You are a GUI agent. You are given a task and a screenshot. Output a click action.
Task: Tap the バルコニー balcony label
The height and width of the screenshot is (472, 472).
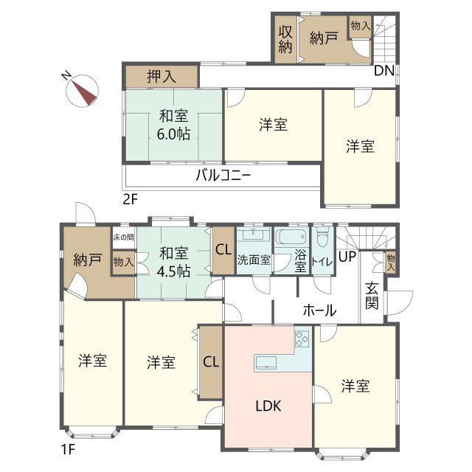pyautogui.click(x=223, y=176)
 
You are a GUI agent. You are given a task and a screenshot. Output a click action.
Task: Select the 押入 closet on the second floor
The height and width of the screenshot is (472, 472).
pyautogui.click(x=162, y=76)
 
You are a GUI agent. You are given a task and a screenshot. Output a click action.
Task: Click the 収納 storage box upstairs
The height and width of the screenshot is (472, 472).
pyautogui.click(x=285, y=38)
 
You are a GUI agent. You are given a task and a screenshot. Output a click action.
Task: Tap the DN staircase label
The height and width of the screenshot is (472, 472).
pyautogui.click(x=383, y=72)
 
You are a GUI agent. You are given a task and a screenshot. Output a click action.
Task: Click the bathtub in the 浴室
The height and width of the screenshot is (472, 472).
pyautogui.click(x=288, y=238)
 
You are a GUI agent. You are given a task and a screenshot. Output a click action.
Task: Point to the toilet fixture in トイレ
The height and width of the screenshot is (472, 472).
pyautogui.click(x=322, y=240)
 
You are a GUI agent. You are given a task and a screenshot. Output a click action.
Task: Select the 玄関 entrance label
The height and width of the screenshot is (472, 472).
pyautogui.click(x=372, y=296)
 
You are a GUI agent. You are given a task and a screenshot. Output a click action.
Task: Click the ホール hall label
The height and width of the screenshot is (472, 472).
pyautogui.click(x=319, y=310)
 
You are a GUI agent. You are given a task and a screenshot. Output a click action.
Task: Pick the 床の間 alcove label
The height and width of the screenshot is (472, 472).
pyautogui.click(x=123, y=237)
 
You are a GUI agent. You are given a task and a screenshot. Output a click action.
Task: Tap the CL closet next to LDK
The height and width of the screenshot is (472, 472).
pyautogui.click(x=210, y=361)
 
